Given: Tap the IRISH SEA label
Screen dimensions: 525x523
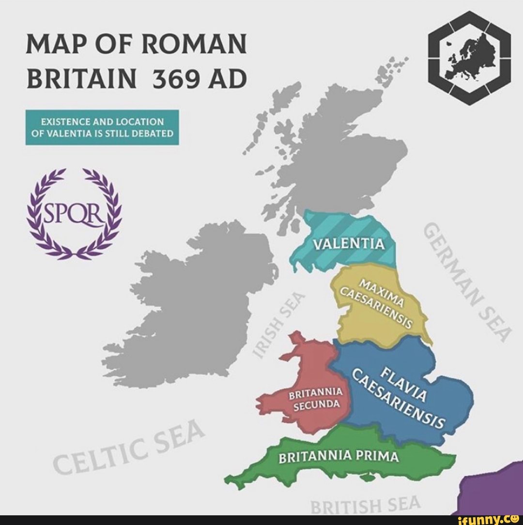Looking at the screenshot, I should [x=278, y=324].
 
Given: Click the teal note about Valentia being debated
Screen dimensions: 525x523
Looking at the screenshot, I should [x=102, y=127].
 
